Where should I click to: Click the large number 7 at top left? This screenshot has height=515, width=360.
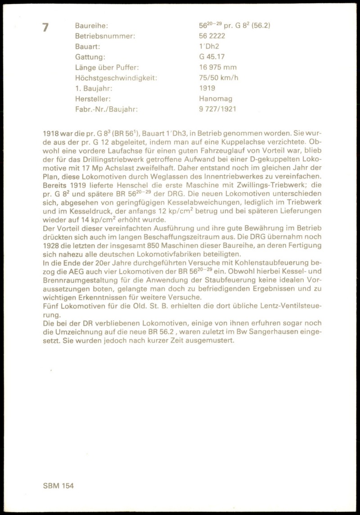45,27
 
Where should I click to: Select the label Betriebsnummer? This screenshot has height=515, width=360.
105,36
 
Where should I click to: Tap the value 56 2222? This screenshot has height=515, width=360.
212,36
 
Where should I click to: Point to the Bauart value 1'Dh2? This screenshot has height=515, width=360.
209,46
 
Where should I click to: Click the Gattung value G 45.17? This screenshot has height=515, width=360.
212,57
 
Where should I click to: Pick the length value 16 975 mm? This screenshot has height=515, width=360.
218,67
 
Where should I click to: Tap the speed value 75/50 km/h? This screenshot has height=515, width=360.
219,78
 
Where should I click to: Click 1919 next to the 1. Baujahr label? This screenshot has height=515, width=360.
207,88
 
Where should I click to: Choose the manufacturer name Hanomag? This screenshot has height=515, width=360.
216,99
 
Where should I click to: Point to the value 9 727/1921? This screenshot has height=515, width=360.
218,109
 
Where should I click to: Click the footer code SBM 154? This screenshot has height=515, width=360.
58,486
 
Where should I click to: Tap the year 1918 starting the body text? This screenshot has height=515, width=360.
51,134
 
